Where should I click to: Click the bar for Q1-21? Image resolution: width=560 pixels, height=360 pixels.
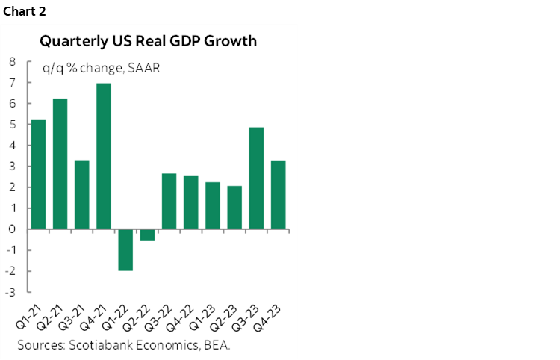pos(39,174)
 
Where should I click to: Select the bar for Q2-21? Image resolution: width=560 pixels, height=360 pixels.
pos(60,164)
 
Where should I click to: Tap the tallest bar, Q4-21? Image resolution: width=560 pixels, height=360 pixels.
pos(104,156)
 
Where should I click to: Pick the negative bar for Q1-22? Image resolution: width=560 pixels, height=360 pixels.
pos(125,249)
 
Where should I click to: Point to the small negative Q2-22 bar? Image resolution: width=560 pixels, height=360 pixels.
pos(147,235)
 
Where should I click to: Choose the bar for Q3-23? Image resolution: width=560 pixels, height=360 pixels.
pos(256,179)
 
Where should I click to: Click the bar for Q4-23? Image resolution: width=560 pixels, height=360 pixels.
pos(278,195)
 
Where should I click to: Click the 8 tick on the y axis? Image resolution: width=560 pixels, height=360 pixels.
pos(13,63)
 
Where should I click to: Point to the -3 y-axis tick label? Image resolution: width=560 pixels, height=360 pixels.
pos(11,291)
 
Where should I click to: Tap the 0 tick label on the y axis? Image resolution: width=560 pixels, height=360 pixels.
pos(13,229)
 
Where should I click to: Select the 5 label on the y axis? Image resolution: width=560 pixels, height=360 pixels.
pos(13,125)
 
